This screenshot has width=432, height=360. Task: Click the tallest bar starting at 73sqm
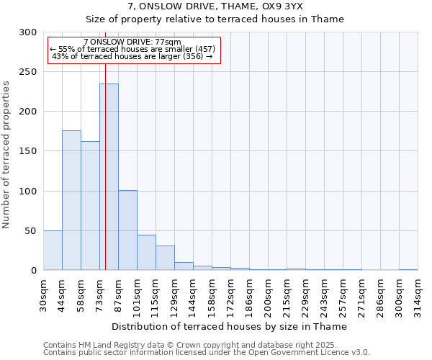[109, 177]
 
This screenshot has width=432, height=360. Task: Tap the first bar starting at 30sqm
[53, 251]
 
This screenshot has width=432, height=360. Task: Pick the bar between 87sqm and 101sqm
[127, 230]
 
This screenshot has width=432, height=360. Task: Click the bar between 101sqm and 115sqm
[146, 253]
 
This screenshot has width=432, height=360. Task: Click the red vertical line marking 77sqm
[105, 144]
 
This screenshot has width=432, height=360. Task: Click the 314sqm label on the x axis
[418, 294]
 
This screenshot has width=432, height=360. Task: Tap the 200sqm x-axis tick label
[268, 294]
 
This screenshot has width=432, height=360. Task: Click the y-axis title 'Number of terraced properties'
[6, 155]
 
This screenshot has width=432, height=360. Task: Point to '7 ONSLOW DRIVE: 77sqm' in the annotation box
[132, 42]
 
